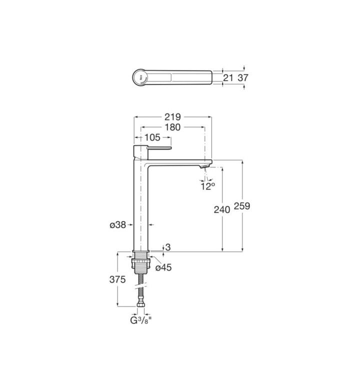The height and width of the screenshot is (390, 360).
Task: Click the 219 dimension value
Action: (x=172, y=116)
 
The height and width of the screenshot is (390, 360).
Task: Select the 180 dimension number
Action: (x=172, y=127)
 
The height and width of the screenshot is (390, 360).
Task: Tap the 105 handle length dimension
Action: (x=152, y=137)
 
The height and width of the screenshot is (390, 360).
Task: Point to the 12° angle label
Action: (x=207, y=186)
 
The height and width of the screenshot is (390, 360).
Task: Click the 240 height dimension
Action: (x=222, y=209)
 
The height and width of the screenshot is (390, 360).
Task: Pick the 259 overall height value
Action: (x=241, y=206)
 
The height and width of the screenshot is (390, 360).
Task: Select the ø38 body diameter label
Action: (x=117, y=225)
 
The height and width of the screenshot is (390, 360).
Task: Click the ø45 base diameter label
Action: (x=163, y=267)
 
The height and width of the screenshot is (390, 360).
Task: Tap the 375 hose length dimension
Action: (x=117, y=279)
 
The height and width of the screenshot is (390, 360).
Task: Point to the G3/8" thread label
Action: (x=141, y=320)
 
